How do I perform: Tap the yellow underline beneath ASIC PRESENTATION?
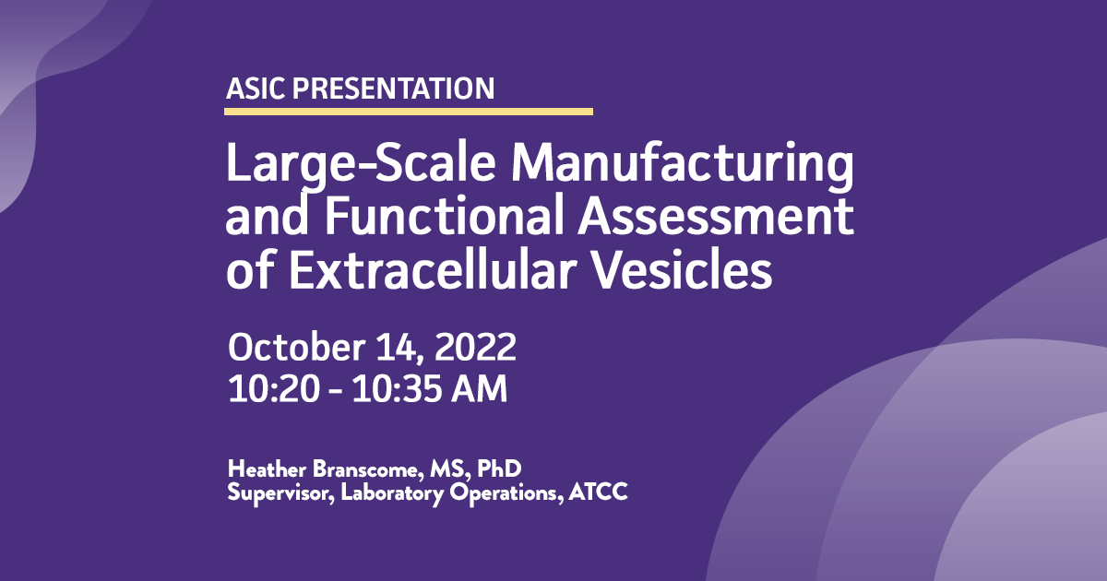[x=408, y=112]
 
